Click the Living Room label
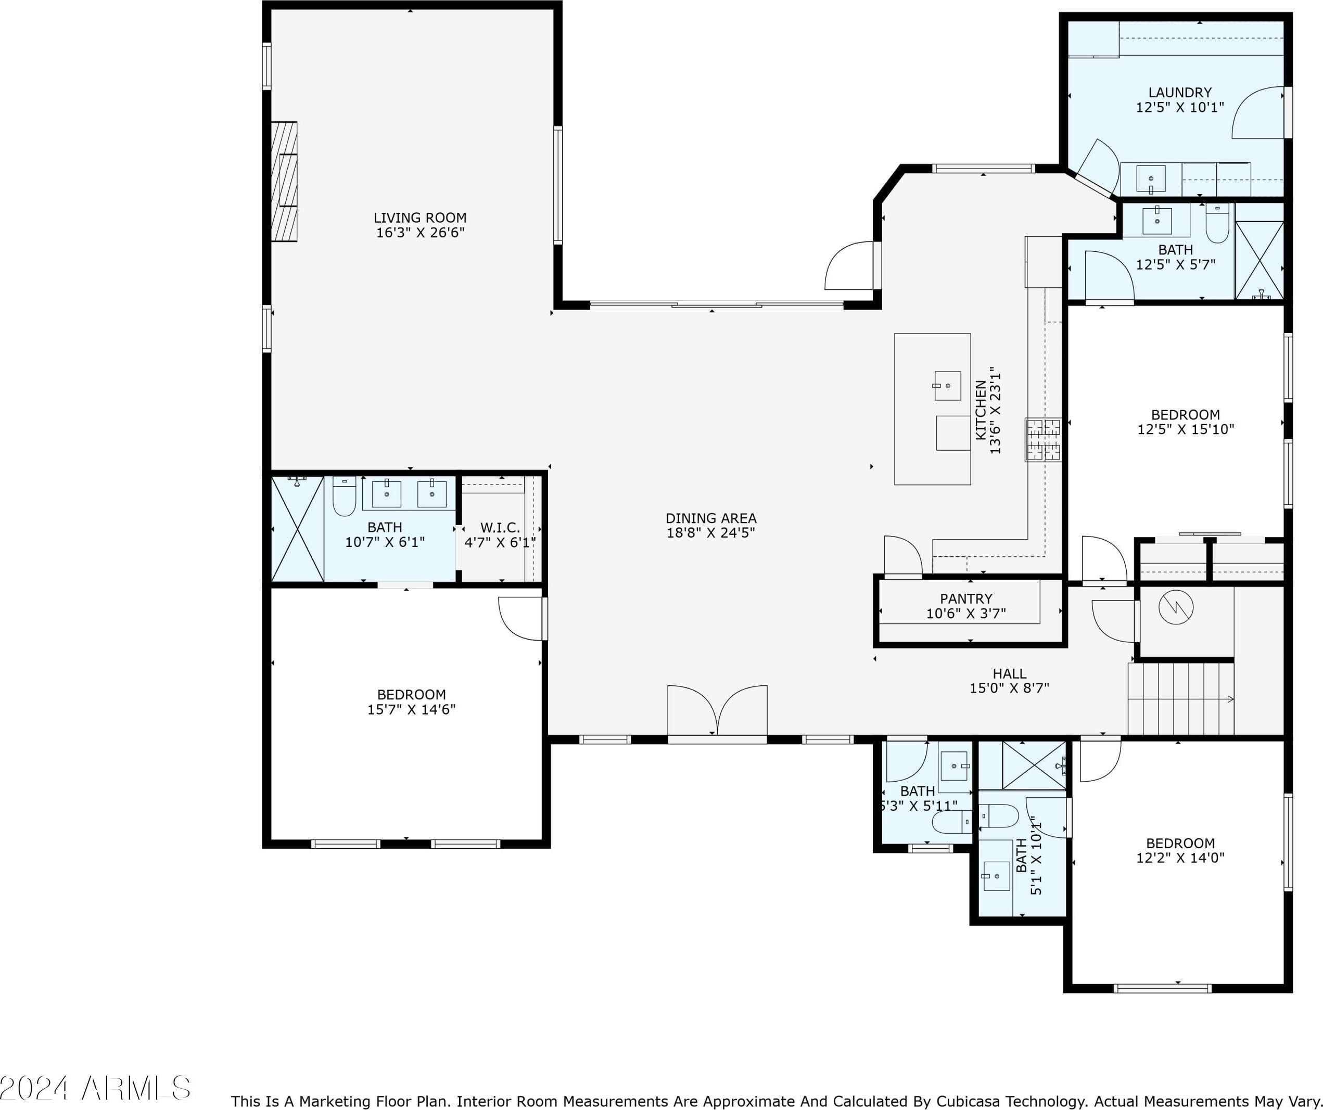[x=419, y=218]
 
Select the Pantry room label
[x=966, y=598]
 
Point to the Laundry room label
[x=1180, y=93]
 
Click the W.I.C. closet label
[x=500, y=528]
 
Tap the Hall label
[x=1009, y=673]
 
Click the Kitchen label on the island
[x=981, y=410]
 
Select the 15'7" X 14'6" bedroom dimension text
[x=411, y=709]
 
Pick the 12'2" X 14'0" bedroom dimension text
[x=1180, y=858]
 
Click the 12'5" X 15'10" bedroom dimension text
[x=1185, y=430]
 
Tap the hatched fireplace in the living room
[x=284, y=182]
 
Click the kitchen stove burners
[x=1042, y=440]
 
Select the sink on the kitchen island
[x=947, y=386]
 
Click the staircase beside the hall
[x=1180, y=699]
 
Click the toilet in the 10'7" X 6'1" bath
[x=345, y=497]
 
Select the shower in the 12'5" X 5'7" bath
[x=1259, y=260]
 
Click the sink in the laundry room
[x=1150, y=179]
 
